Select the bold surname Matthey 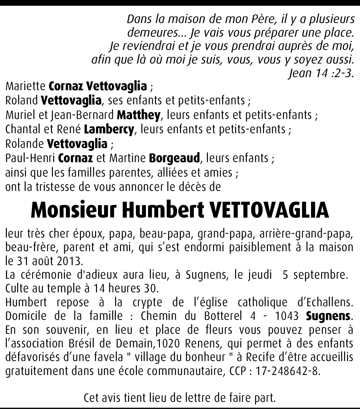tap(138, 115)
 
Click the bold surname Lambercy tap(109, 129)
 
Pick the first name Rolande tap(24, 144)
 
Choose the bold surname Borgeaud tap(174, 158)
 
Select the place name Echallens tap(325, 302)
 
